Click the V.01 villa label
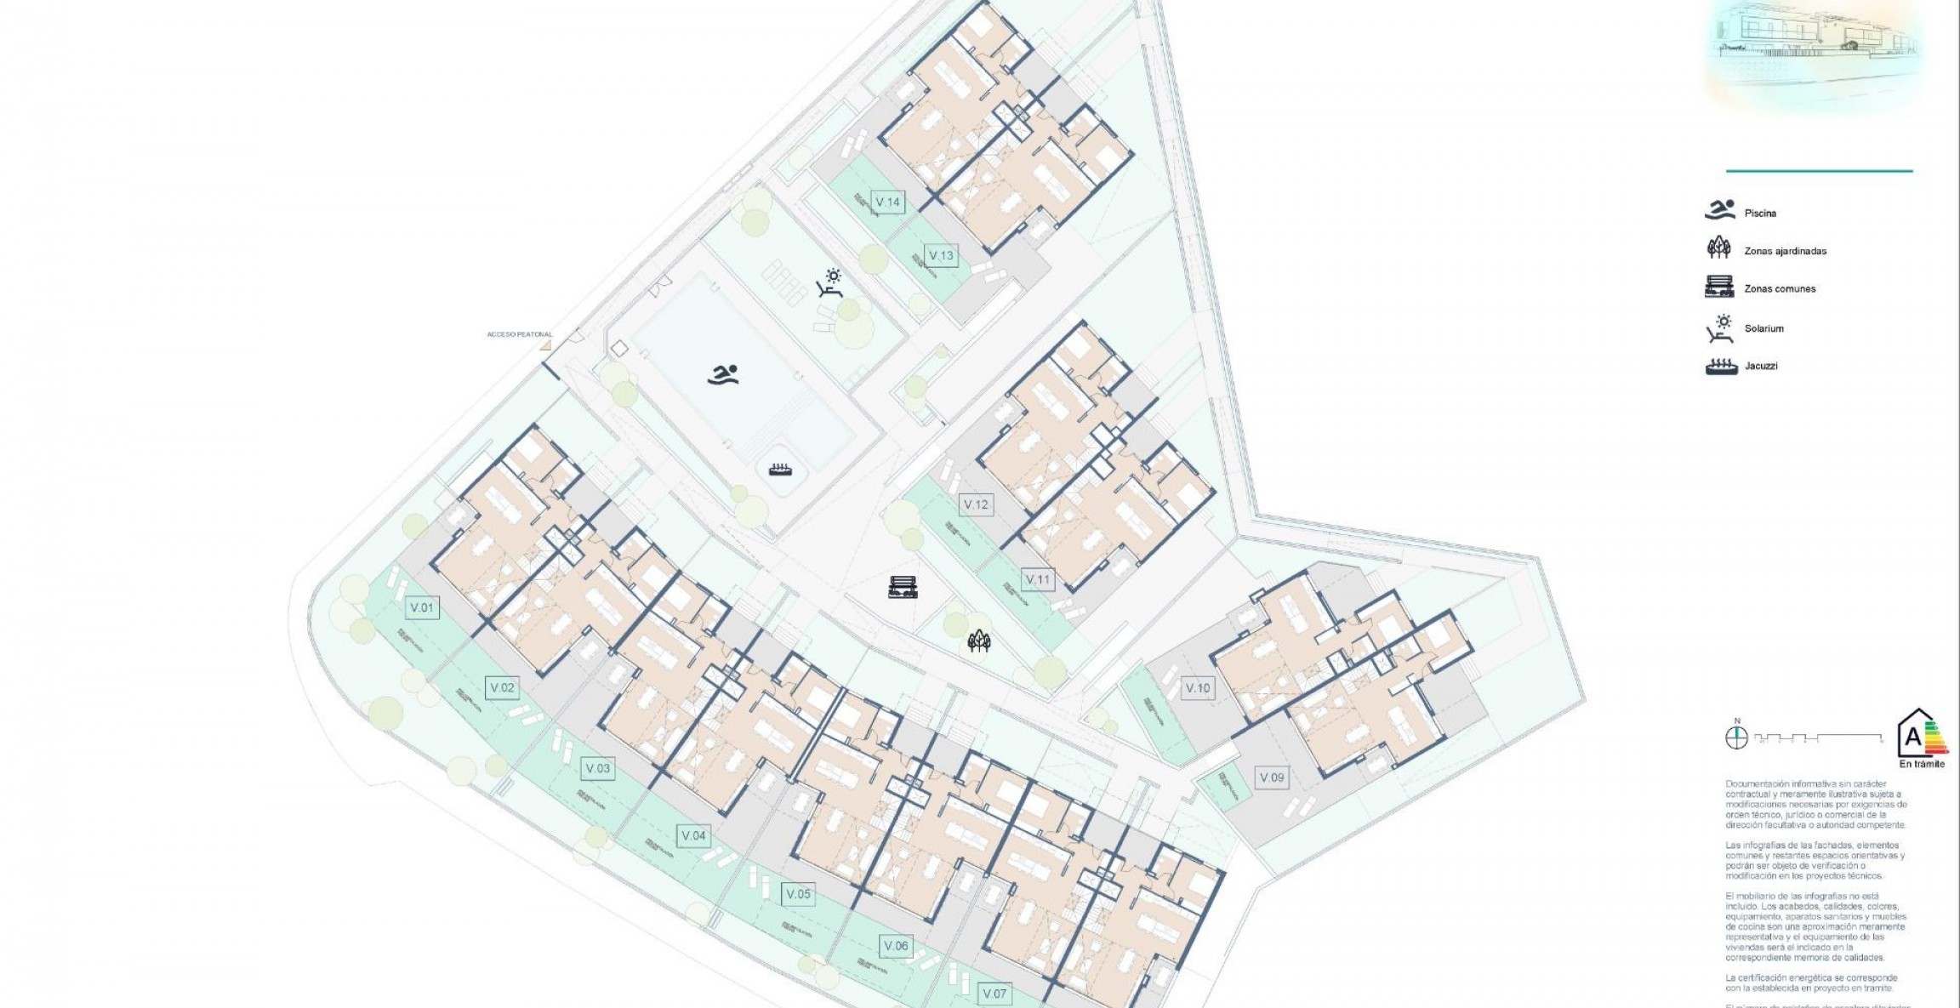coord(422,607)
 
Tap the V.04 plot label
coord(693,835)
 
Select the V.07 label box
coord(994,993)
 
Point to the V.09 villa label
coord(1272,777)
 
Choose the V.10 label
coord(1198,687)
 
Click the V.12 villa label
coord(976,504)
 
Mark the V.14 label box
coord(887,202)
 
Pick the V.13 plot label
coord(941,255)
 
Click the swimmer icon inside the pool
coord(723,374)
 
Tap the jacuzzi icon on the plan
coord(780,469)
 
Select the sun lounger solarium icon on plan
coord(830,282)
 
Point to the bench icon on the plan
coord(903,587)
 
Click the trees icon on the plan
coord(979,641)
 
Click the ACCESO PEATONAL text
coord(519,334)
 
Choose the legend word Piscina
coord(1760,214)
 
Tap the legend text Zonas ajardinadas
coord(1785,251)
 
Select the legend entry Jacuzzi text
coord(1761,366)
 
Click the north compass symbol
coord(1736,737)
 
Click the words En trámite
coord(1922,764)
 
